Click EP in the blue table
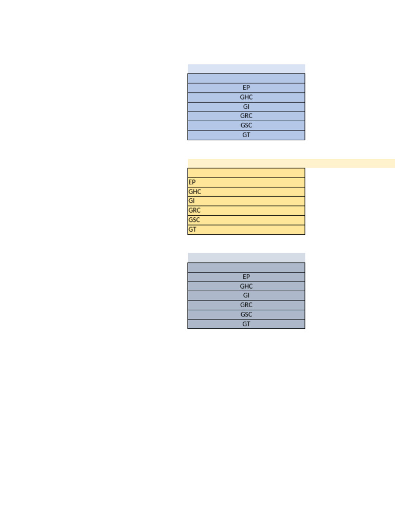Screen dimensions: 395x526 point(246,88)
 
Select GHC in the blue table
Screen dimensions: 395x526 point(246,97)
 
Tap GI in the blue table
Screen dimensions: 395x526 point(246,107)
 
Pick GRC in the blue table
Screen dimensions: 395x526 point(246,116)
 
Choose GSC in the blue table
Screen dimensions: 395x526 point(246,125)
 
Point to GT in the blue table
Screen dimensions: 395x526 point(246,135)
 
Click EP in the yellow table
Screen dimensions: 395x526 point(192,182)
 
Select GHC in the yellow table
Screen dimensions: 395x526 point(195,192)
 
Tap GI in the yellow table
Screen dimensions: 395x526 point(192,201)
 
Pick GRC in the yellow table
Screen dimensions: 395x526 point(194,211)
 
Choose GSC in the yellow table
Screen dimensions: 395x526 point(194,220)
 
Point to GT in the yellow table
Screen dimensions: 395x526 point(192,230)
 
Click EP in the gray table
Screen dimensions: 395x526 point(246,277)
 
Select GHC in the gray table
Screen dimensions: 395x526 point(246,286)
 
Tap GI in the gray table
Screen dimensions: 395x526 point(246,295)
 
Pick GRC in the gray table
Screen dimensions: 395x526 point(246,305)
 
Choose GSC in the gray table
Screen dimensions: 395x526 point(246,314)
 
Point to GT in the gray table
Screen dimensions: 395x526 point(246,324)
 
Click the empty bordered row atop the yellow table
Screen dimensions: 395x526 point(246,173)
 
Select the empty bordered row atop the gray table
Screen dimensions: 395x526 point(246,267)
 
